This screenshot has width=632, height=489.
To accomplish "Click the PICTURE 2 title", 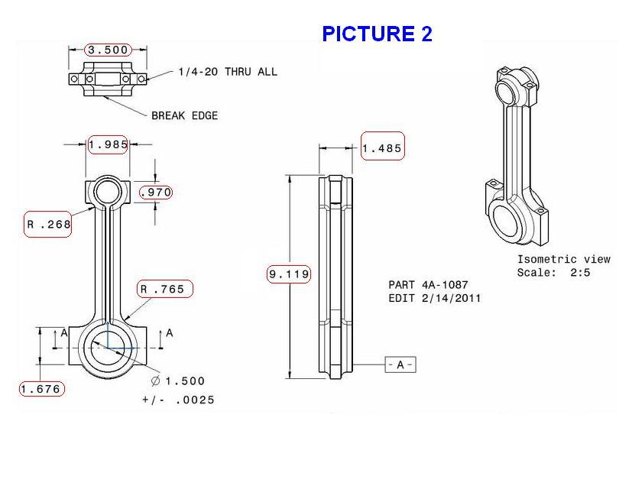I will click(x=377, y=34).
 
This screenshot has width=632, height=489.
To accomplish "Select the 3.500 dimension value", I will click(x=108, y=50).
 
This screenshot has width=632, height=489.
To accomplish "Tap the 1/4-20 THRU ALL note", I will click(x=227, y=72).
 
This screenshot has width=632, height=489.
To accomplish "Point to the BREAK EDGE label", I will click(x=184, y=115).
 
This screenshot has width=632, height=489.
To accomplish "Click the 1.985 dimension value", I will click(x=108, y=144).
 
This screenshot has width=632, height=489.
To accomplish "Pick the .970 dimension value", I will click(x=156, y=193).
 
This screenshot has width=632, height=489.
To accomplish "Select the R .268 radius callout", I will click(x=48, y=224).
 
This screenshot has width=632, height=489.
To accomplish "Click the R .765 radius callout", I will click(x=165, y=289).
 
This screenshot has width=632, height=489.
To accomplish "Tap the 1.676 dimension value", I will click(x=41, y=389).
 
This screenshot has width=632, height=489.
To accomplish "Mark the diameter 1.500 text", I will click(x=178, y=381).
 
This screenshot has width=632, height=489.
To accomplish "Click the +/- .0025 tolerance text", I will click(x=178, y=400).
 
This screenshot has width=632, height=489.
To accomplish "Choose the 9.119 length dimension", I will click(x=289, y=274).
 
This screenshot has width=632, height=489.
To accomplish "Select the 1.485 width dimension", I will click(x=381, y=148).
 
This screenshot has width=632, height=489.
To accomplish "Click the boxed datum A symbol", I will click(x=400, y=365).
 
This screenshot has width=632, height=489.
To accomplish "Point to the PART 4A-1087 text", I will click(x=428, y=284).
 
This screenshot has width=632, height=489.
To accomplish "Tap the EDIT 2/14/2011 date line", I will click(x=434, y=298).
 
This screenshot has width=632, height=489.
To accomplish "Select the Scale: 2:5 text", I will click(x=553, y=272).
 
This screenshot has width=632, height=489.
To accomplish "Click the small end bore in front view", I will click(x=108, y=190).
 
